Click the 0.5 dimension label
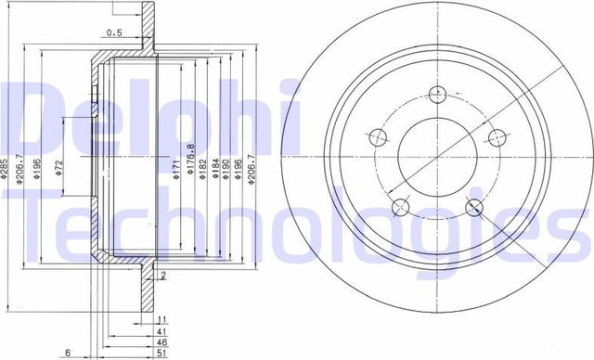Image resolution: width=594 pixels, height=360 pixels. coord(115,32)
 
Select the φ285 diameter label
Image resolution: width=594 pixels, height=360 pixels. coord(7,166)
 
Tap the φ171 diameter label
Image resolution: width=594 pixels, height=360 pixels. coord(175,168)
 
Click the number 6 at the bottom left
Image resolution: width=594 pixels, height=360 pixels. coord(69,352)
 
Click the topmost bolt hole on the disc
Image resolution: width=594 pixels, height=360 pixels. coord(437,93)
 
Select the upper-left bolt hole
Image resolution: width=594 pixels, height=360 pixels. coord(377,137)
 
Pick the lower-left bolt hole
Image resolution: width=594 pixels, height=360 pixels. coord(400,206)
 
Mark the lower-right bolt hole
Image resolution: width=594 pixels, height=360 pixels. coord(474,206)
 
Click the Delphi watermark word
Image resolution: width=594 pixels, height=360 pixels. coord(111,116)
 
